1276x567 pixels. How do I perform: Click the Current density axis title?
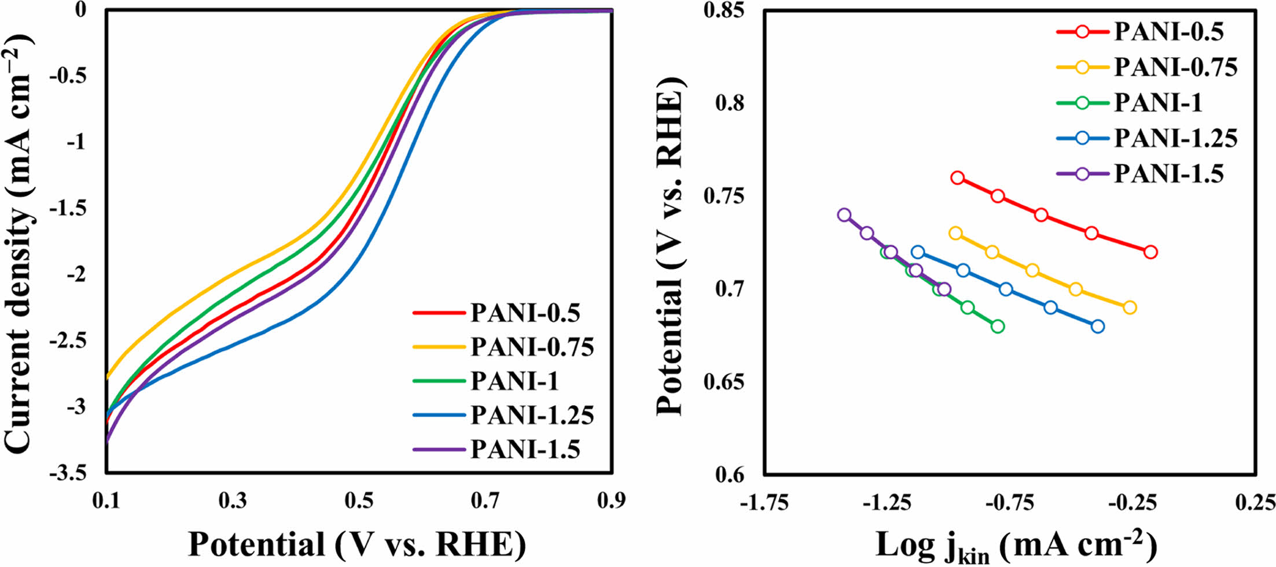pos(19,243)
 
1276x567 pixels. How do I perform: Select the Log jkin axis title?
pos(1016,546)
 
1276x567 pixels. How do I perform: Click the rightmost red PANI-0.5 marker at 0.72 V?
pos(1150,252)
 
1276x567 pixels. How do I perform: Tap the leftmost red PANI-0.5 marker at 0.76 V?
pos(957,177)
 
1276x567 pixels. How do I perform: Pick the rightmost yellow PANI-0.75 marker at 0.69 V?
pos(1130,307)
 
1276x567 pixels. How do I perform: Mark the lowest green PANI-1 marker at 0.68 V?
pos(997,327)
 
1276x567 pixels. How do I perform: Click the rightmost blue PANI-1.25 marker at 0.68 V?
pos(1097,327)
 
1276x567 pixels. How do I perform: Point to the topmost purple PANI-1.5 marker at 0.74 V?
pos(844,215)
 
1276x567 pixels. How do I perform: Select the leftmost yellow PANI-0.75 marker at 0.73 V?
pos(955,234)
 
